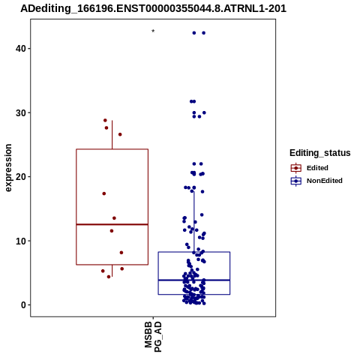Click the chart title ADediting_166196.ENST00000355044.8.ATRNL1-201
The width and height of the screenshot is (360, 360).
click(153, 9)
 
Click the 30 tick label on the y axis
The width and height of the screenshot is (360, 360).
click(21, 113)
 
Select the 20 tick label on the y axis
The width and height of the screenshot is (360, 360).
click(21, 177)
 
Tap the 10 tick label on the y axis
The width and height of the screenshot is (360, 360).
click(21, 241)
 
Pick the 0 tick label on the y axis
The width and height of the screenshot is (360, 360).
click(24, 305)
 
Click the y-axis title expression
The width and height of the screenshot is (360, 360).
click(8, 168)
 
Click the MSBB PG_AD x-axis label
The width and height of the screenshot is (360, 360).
click(153, 337)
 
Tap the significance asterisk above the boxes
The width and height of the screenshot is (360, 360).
click(153, 31)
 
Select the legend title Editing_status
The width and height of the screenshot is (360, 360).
click(320, 153)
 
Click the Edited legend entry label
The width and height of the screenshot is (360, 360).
click(317, 168)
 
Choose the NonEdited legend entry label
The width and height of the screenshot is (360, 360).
click(325, 181)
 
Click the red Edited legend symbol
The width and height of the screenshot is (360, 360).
click(296, 168)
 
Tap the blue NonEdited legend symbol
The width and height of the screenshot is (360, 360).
click(296, 181)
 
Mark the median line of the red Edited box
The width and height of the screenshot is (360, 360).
click(112, 224)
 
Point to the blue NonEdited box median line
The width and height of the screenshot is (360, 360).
click(194, 280)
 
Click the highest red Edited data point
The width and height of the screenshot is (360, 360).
click(105, 121)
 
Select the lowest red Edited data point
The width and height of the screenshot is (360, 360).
click(109, 277)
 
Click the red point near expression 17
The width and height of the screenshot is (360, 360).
click(104, 193)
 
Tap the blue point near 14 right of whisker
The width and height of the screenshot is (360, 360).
click(202, 214)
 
